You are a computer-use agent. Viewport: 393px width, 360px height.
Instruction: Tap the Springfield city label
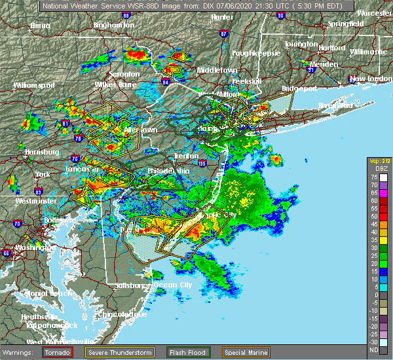(x=346, y=24)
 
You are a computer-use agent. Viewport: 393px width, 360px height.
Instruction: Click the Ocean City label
(x=176, y=285)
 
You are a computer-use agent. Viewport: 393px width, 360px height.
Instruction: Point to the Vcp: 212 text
(x=379, y=162)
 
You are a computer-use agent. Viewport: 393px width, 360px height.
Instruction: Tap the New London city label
(x=369, y=79)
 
